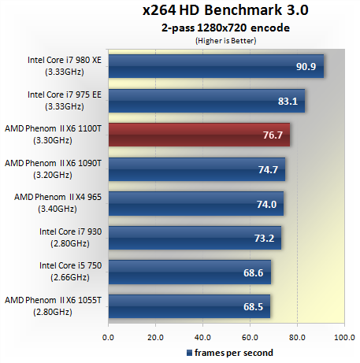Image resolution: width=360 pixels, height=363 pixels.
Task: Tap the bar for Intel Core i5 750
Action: pos(189,272)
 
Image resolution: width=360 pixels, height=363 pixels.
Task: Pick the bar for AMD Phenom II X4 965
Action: pos(195,203)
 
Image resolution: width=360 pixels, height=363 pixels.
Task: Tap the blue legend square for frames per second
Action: pos(189,352)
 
